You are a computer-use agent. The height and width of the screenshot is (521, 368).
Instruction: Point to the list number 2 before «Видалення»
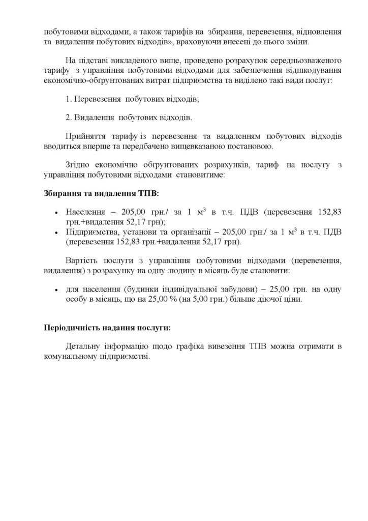(x=69, y=118)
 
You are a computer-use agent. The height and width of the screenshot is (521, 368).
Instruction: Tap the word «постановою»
(x=252, y=147)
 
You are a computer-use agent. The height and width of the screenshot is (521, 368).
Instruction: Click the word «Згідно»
(x=77, y=165)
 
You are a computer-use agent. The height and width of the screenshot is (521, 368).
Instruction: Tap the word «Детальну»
(x=83, y=347)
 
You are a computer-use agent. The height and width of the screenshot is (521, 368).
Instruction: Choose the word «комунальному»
(x=70, y=357)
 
